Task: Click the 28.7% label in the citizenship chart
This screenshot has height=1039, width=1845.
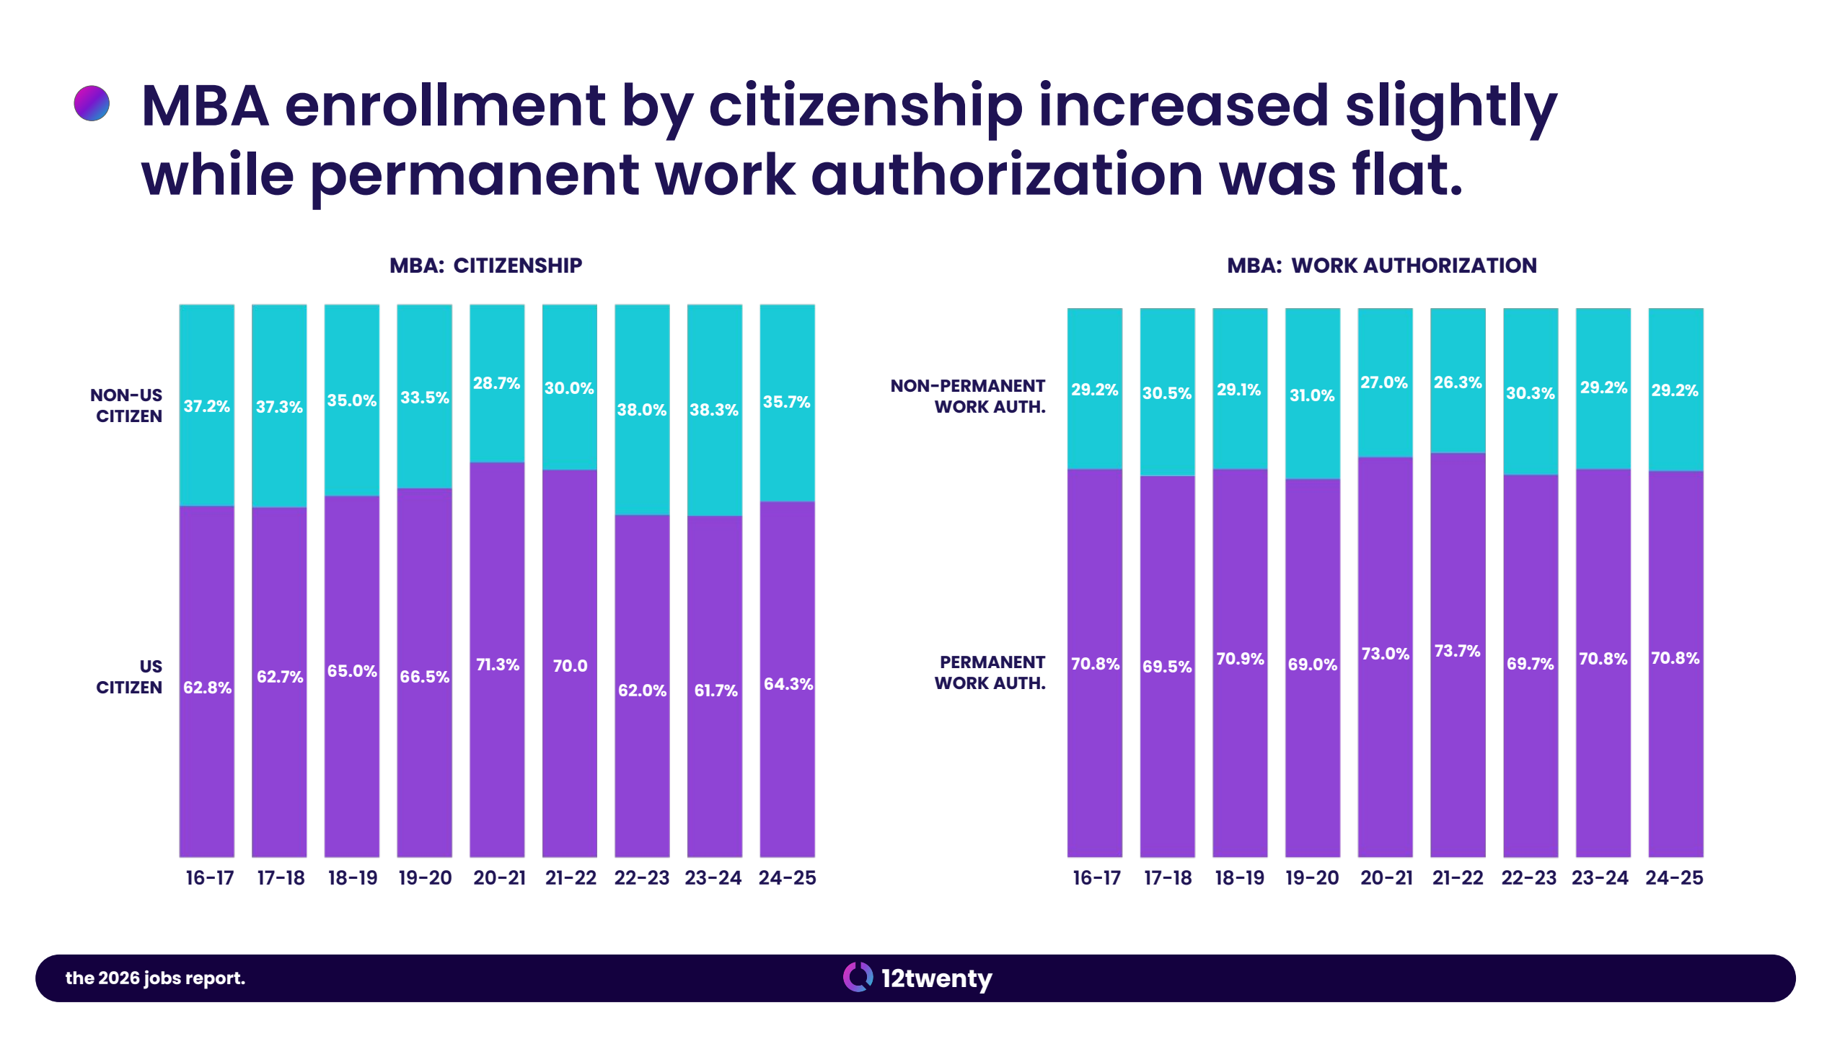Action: tap(496, 383)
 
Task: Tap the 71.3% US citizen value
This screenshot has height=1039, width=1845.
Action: tap(498, 665)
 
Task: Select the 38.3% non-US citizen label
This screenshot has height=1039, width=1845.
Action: tap(714, 410)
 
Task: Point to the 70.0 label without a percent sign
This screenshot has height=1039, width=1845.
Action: tap(570, 666)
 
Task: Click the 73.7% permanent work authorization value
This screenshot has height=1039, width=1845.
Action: tap(1457, 651)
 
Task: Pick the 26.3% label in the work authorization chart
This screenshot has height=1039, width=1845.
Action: tap(1458, 382)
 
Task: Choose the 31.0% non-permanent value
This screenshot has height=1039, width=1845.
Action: tap(1312, 395)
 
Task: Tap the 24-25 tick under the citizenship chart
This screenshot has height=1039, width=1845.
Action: tap(787, 878)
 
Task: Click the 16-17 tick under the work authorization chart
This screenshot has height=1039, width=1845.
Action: tap(1096, 878)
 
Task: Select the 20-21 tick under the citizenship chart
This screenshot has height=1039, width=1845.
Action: tap(499, 878)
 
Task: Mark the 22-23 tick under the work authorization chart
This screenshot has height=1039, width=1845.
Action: tap(1529, 878)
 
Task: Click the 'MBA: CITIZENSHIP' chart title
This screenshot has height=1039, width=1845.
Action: tap(485, 266)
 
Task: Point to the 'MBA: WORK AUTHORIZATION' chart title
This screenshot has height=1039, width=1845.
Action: tap(1382, 266)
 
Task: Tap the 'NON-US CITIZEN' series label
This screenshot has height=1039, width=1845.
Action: tap(127, 405)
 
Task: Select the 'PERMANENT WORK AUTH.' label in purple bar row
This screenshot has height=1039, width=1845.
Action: tap(990, 672)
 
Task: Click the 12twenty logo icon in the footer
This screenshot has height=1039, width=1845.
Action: tap(858, 978)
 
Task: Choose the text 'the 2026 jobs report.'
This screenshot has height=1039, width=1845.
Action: tap(155, 978)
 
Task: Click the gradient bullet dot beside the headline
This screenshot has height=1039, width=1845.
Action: tap(92, 103)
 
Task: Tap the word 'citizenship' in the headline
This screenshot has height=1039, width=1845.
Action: tap(866, 108)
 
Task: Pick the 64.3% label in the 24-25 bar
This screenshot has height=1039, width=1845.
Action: tap(788, 684)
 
